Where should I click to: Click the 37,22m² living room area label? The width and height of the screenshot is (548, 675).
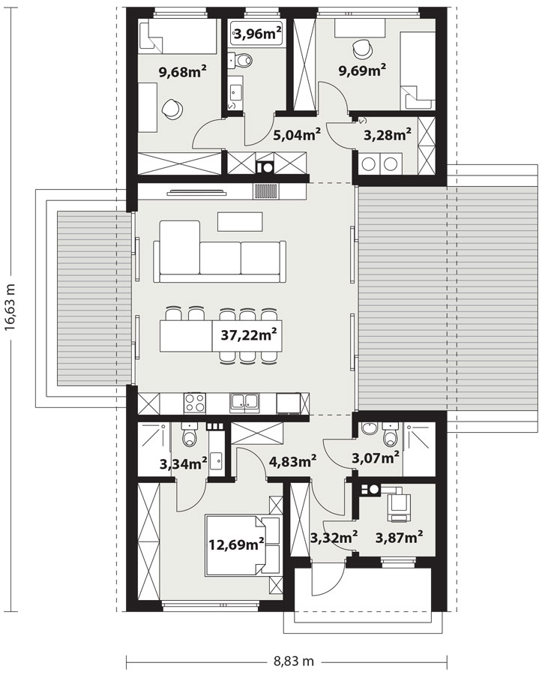click(x=250, y=335)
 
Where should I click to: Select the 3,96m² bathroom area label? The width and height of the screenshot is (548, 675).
click(x=257, y=33)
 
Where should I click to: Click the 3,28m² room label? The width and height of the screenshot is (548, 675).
click(x=387, y=135)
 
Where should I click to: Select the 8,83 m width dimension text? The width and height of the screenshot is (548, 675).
click(x=289, y=661)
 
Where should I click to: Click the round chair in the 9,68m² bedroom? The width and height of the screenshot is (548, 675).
click(x=172, y=109)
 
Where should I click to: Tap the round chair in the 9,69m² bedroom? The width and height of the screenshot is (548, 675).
click(x=363, y=47)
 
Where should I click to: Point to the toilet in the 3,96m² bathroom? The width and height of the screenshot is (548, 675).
click(x=248, y=60)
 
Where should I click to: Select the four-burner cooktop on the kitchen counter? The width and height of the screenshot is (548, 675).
click(x=195, y=403)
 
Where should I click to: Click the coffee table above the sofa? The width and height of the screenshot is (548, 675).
click(x=240, y=221)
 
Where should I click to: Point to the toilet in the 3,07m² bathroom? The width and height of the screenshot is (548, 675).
click(x=389, y=435)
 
